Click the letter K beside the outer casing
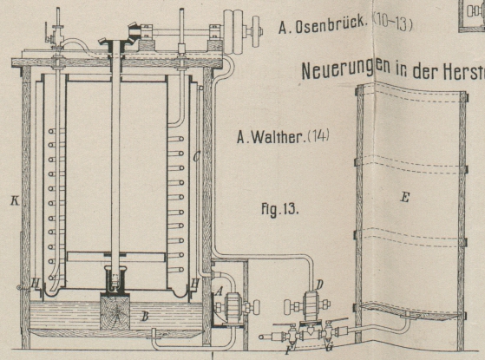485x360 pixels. tap(15, 201)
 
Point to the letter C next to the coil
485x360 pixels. tap(196, 157)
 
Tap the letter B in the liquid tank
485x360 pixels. tap(144, 317)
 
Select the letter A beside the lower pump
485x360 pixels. tap(220, 291)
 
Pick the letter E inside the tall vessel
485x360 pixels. tap(405, 197)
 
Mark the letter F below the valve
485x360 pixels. tap(290, 350)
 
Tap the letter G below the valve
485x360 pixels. tap(329, 348)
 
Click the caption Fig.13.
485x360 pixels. tap(280, 210)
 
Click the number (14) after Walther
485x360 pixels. tap(318, 136)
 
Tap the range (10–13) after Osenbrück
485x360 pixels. tap(392, 23)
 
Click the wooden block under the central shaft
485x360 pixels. tap(115, 311)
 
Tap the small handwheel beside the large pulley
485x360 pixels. tap(255, 31)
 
